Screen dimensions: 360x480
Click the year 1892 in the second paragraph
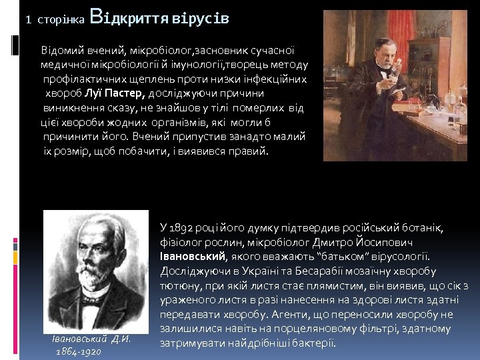pos(187,227)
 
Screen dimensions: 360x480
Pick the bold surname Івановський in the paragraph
pos(193,257)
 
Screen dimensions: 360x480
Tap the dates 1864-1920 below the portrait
pos(78,351)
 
